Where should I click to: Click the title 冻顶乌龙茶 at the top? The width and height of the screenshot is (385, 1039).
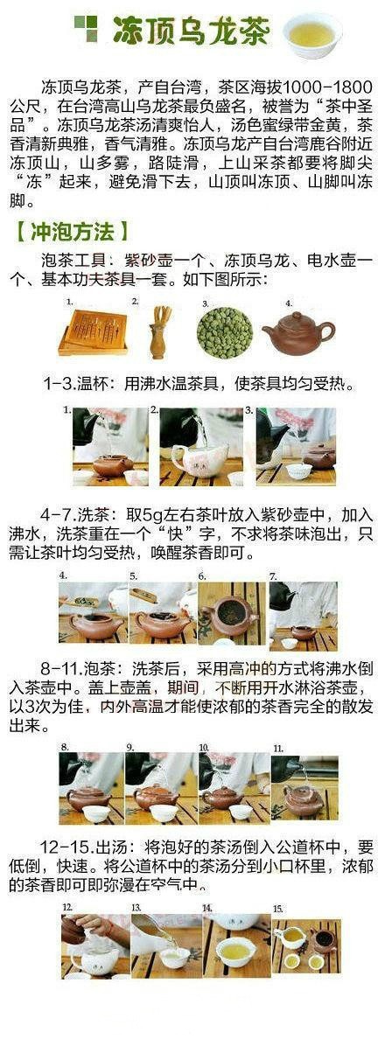point(191,31)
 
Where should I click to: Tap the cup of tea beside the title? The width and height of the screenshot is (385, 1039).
point(312,33)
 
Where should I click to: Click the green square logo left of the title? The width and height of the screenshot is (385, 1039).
point(86,29)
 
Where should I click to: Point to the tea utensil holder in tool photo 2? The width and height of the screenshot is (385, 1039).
point(159,332)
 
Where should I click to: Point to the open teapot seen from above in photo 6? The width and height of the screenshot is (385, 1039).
point(228,616)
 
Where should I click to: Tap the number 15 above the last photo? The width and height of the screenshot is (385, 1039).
point(278,909)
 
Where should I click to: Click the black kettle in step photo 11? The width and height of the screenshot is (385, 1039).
point(286,769)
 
